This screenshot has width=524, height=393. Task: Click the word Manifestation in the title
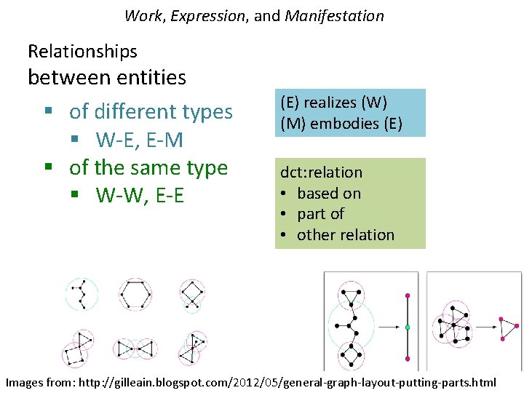(x=335, y=16)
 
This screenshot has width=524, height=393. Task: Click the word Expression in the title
(x=207, y=16)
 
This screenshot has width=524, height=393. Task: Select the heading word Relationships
(x=82, y=52)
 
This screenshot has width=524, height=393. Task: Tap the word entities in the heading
(x=151, y=77)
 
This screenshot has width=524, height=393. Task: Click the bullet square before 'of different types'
(x=49, y=111)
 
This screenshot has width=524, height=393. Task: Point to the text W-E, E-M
(x=139, y=139)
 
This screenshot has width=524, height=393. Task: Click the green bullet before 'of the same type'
(x=49, y=166)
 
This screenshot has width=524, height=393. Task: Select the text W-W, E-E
(x=140, y=195)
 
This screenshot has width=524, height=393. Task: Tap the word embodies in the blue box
(x=344, y=124)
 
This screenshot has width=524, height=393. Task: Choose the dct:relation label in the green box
(x=321, y=172)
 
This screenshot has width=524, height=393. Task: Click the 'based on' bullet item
(x=329, y=194)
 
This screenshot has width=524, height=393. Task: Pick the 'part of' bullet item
(x=320, y=214)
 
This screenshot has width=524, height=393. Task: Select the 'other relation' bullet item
(x=346, y=235)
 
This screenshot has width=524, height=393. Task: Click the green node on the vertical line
(x=408, y=327)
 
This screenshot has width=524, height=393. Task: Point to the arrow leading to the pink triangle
(x=486, y=327)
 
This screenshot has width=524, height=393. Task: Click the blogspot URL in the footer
(x=287, y=382)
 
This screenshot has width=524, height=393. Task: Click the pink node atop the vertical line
(x=408, y=295)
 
